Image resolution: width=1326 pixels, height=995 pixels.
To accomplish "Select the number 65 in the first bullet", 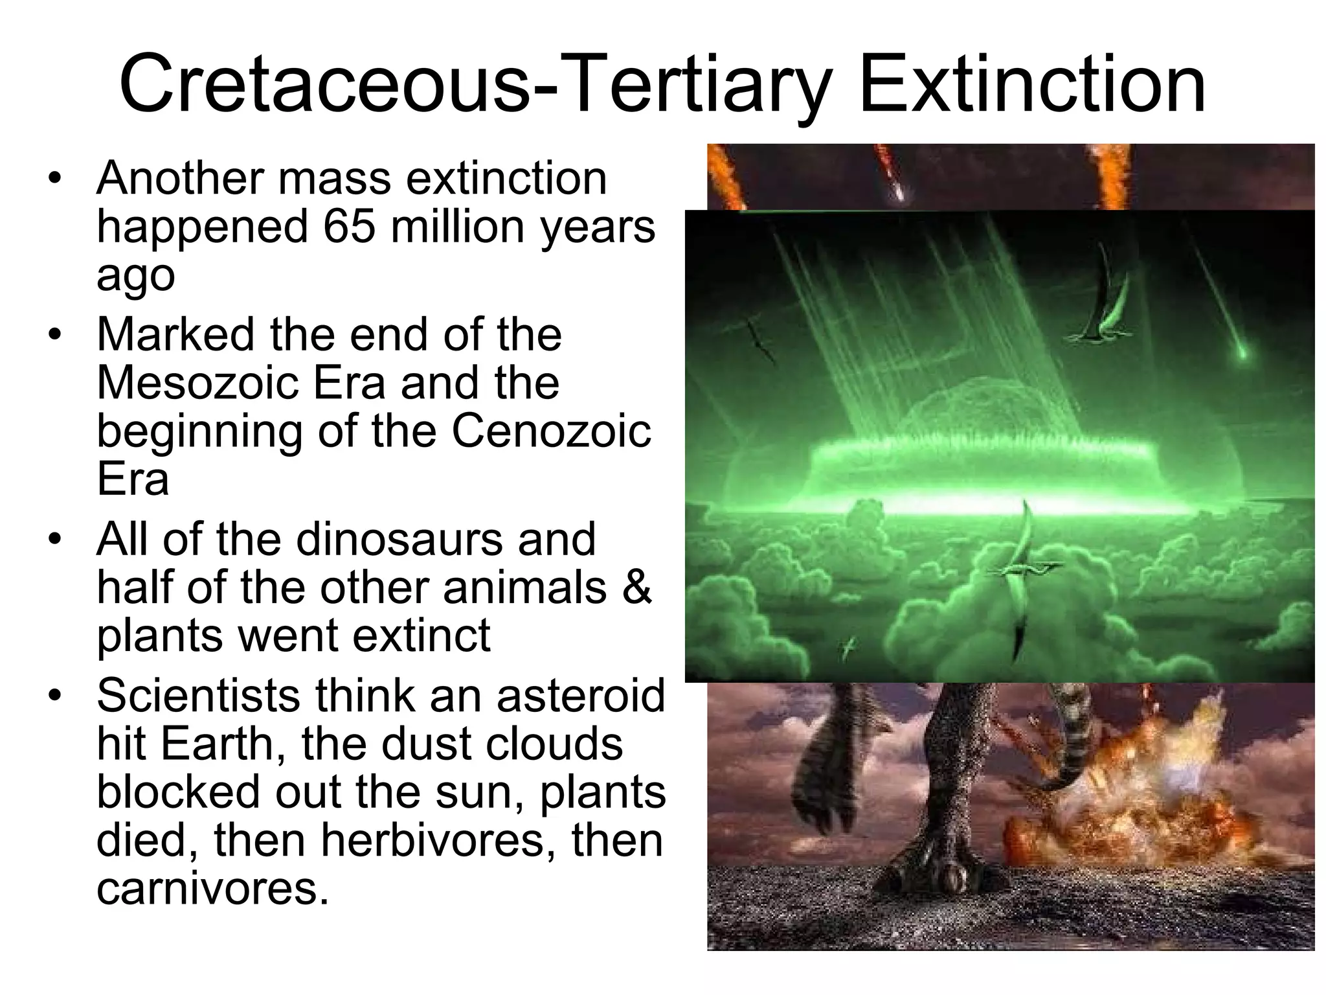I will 349,227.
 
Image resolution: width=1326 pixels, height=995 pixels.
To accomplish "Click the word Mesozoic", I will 197,382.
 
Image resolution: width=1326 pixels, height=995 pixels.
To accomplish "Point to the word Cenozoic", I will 551,431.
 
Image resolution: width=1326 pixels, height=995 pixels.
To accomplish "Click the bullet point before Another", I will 56,178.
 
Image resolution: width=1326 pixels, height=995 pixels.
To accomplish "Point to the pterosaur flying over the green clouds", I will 1026,570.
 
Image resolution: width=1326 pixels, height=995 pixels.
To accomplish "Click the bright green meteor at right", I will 1241,353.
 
